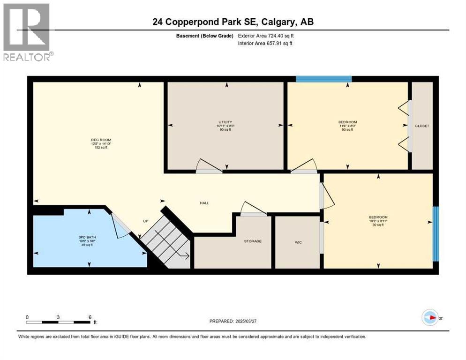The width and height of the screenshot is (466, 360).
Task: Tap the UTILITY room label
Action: tap(225, 122)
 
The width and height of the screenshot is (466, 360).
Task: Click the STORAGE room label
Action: tap(252, 241)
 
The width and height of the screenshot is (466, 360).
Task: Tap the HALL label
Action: tap(204, 203)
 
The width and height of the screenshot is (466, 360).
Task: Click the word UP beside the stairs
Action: tap(145, 221)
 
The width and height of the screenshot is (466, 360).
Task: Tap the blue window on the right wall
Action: tap(436, 233)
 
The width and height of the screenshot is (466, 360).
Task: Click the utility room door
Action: tap(209, 167)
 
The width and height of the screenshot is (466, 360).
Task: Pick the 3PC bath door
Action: tap(120, 225)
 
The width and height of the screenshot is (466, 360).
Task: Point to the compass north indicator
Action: tap(430, 317)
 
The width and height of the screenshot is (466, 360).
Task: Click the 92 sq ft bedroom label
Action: tap(378, 221)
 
